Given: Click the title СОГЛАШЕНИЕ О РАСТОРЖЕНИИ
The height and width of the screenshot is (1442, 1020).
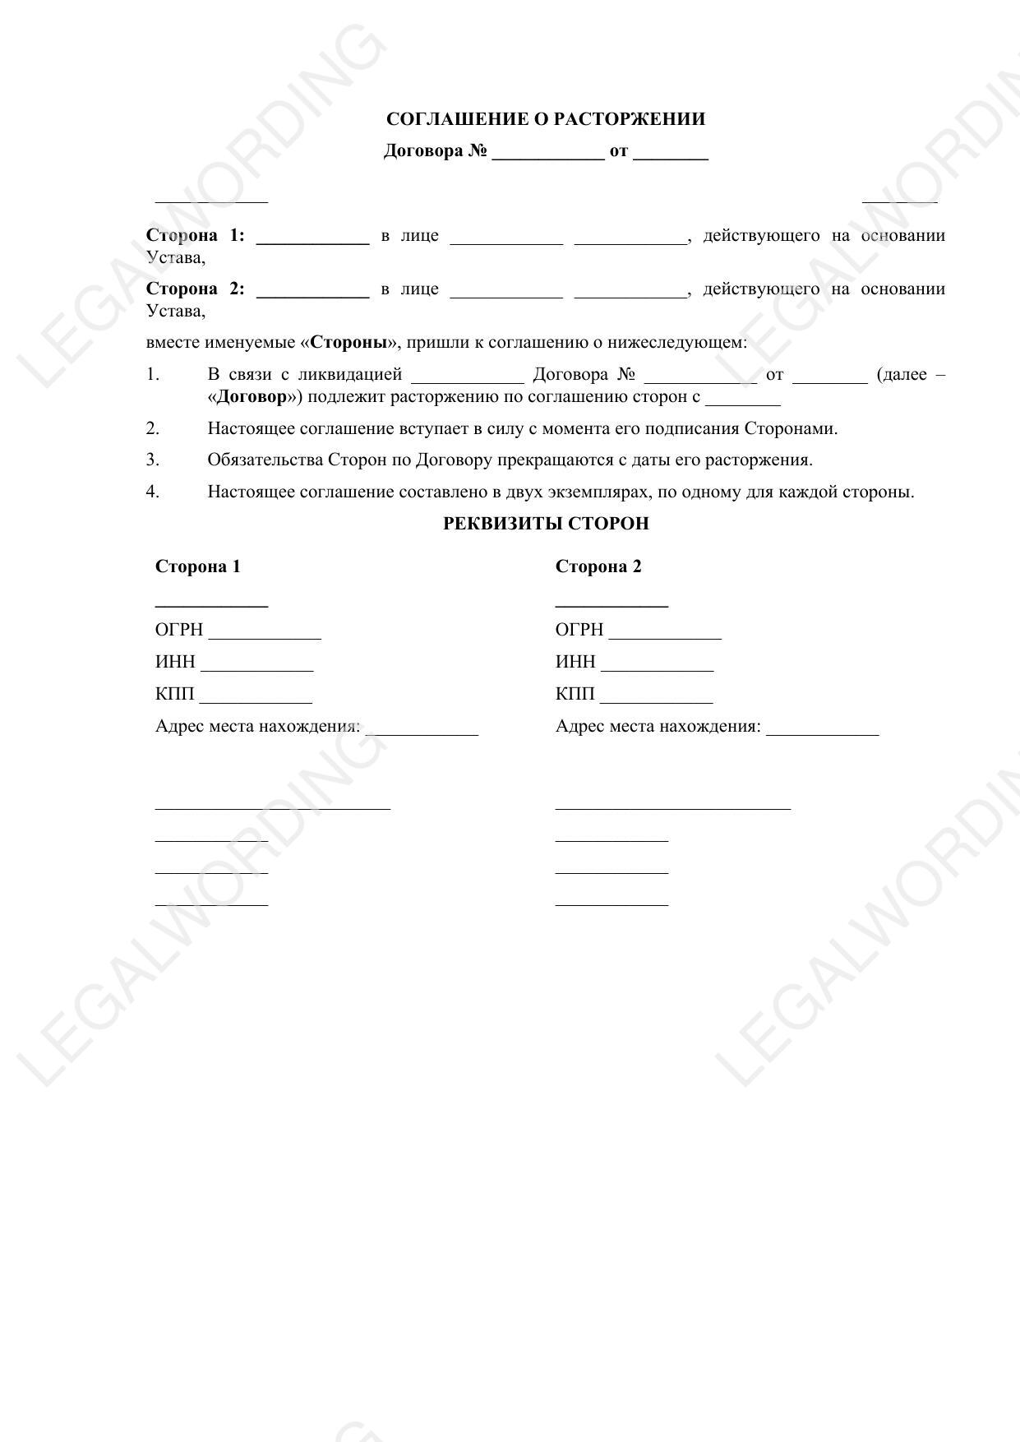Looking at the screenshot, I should point(545,119).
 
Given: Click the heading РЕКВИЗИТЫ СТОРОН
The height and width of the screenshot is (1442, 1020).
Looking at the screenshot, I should point(546,524).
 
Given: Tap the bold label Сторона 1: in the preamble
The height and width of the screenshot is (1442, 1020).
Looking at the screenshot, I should point(195,236).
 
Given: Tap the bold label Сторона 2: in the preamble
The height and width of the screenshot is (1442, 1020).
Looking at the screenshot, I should point(195,289).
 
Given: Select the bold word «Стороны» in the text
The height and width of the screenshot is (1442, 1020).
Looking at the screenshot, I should point(348,342).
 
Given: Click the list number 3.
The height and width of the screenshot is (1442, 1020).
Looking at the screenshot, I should point(153,460).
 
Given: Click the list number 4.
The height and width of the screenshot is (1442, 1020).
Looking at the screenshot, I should point(153,492).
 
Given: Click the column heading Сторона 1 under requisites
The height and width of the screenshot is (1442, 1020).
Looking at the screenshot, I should point(197,566).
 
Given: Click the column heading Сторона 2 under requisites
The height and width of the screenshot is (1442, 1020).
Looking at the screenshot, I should point(598,566).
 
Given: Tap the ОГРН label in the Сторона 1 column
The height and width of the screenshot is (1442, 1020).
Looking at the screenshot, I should point(178,630).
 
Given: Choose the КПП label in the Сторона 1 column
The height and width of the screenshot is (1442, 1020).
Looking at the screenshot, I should point(174,694).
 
